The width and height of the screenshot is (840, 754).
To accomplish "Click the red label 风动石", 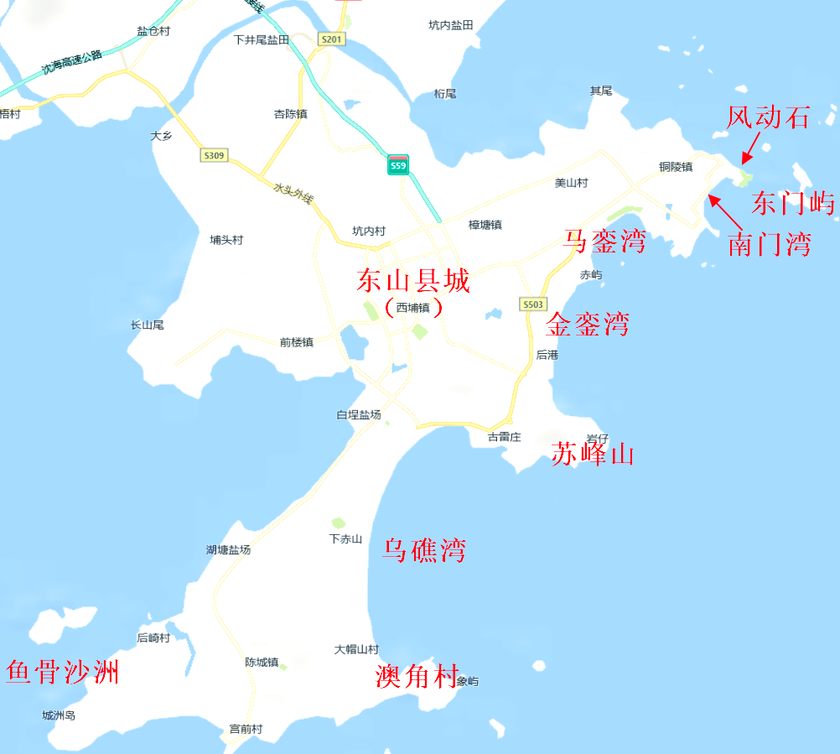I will click(x=768, y=118).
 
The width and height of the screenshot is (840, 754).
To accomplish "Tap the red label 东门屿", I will click(x=793, y=203).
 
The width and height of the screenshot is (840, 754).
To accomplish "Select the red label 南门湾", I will click(x=769, y=245).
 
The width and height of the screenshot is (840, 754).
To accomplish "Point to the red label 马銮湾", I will click(x=605, y=241).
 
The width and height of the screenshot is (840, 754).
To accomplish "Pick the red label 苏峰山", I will click(x=593, y=455).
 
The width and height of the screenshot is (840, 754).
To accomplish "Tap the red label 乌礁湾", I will click(x=423, y=550).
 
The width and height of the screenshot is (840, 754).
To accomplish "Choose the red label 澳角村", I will click(x=416, y=676).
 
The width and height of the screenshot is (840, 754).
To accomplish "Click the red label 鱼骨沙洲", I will click(x=62, y=672).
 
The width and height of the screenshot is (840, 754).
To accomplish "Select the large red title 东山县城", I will click(x=412, y=280).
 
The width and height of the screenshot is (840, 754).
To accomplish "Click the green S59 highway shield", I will click(x=398, y=164).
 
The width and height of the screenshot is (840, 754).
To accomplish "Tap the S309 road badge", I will click(x=214, y=155).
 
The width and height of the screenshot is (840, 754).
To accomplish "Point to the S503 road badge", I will click(x=532, y=304).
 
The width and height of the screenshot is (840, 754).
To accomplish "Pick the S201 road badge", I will click(x=332, y=39).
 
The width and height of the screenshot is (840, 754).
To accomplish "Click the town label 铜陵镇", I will click(x=676, y=167).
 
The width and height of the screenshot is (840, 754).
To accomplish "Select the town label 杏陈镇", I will click(x=291, y=114).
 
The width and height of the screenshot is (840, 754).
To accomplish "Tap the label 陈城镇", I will click(x=262, y=663).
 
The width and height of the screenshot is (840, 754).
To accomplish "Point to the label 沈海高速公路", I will click(x=72, y=63).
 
